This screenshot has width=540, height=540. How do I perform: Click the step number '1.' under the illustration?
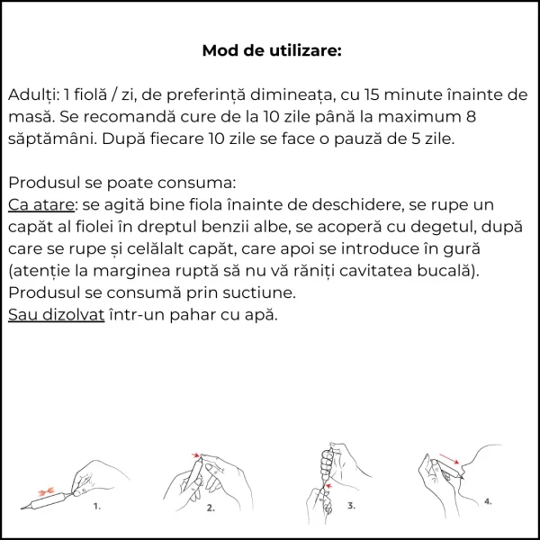(97, 507)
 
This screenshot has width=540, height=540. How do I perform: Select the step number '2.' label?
(211, 508)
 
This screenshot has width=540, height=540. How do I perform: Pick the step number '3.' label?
(352, 506)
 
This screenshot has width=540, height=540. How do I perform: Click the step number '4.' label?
(488, 499)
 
